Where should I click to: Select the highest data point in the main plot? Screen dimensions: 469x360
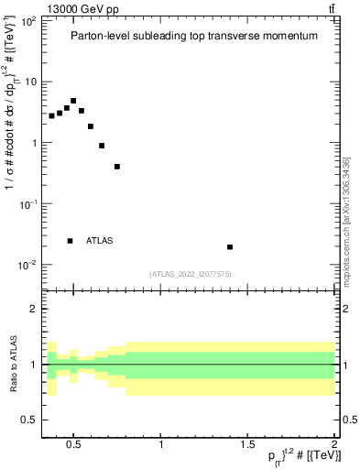pyautogui.click(x=73, y=101)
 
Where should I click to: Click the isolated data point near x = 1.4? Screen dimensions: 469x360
pyautogui.click(x=230, y=246)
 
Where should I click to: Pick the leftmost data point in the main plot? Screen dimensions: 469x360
pyautogui.click(x=52, y=116)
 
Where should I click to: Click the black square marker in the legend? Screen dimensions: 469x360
pyautogui.click(x=70, y=241)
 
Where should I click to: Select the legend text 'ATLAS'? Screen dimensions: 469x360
pyautogui.click(x=100, y=241)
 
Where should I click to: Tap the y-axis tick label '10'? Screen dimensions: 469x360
pyautogui.click(x=29, y=82)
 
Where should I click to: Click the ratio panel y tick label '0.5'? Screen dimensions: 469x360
pyautogui.click(x=29, y=420)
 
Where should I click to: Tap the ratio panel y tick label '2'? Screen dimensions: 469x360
pyautogui.click(x=33, y=309)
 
